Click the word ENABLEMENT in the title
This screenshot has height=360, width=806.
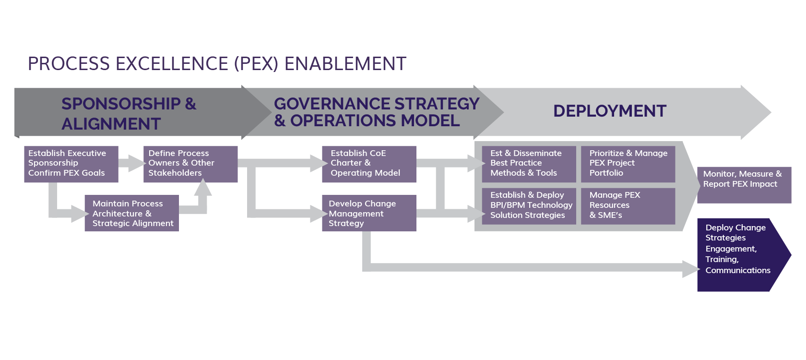[x=345, y=64]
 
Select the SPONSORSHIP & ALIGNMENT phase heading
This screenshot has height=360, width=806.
[x=129, y=113]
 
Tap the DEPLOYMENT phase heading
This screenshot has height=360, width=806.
[x=609, y=111]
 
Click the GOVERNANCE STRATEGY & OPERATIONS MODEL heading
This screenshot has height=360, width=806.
[x=376, y=112]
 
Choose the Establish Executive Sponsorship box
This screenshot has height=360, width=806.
[x=71, y=164]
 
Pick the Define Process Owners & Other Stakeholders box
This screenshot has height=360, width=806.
[x=190, y=164]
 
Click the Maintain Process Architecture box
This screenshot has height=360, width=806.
[x=131, y=213]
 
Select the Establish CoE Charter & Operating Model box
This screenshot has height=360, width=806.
[x=368, y=164]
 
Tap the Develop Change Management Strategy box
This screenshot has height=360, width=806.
[x=368, y=213]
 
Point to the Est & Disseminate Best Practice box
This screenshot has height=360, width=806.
[x=528, y=164]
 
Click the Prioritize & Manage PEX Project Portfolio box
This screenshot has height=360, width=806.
[x=628, y=164]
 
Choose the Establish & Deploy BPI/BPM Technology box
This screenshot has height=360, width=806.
[x=528, y=205]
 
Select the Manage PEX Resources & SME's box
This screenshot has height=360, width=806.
[x=628, y=205]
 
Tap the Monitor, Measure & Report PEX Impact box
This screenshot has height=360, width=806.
[x=744, y=185]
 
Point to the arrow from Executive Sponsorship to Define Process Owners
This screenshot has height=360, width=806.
[x=131, y=163]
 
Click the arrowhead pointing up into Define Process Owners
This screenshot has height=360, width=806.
[x=203, y=187]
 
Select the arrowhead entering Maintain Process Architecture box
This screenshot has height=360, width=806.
[x=80, y=214]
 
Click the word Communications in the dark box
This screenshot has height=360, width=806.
[x=737, y=271]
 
